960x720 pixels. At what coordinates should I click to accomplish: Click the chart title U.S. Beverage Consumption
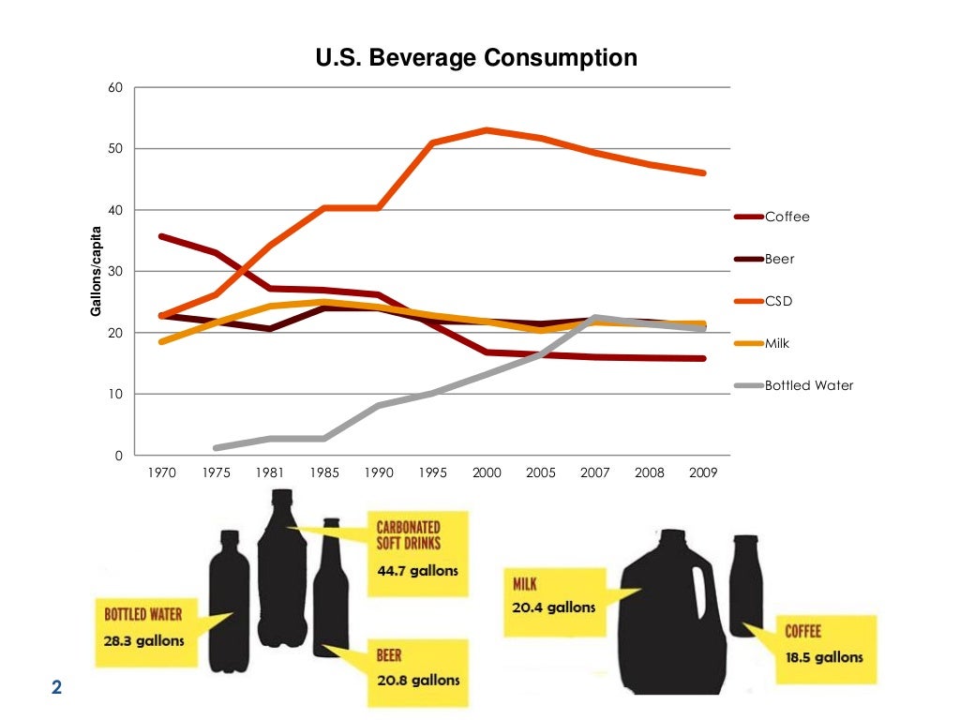click(476, 58)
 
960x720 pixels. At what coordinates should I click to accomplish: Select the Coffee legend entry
click(787, 217)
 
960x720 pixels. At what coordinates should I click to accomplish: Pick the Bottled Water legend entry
click(809, 385)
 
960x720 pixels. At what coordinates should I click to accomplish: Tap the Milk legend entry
click(777, 343)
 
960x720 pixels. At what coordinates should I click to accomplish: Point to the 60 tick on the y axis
click(116, 88)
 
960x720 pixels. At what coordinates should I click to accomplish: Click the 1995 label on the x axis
click(432, 472)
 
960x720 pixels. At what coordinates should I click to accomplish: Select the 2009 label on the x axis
click(702, 472)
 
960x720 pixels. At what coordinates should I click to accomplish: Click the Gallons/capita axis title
click(97, 271)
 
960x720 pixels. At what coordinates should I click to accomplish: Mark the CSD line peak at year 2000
click(487, 130)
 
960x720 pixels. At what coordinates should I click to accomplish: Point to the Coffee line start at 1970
click(162, 236)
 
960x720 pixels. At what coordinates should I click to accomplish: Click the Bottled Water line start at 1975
click(217, 448)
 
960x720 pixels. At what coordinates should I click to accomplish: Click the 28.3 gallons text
click(144, 641)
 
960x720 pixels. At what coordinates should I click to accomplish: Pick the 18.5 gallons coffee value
click(824, 657)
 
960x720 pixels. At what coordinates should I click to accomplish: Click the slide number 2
click(56, 688)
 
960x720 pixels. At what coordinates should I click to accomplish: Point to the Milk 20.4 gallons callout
click(553, 596)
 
